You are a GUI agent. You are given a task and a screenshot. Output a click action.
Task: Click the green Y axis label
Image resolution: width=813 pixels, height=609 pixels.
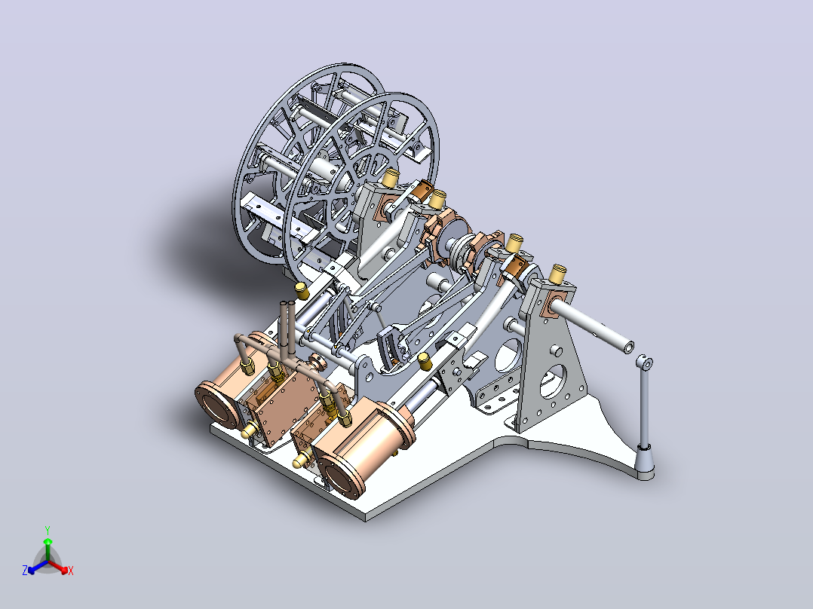(x=48, y=530)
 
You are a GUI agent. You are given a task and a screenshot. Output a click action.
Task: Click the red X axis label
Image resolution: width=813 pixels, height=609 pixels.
(x=71, y=571)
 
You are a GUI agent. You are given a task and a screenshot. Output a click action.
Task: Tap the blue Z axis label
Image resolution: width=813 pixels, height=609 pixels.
(x=25, y=570)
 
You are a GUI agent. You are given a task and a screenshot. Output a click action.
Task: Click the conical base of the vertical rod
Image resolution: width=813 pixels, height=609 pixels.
(x=645, y=462)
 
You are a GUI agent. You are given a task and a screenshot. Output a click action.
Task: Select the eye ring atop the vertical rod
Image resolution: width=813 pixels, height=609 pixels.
(x=645, y=363)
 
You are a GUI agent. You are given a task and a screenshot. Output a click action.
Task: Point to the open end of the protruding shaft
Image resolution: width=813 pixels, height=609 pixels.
(x=628, y=347)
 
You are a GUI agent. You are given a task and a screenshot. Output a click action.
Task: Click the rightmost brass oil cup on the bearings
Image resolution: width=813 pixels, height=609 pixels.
(x=558, y=274)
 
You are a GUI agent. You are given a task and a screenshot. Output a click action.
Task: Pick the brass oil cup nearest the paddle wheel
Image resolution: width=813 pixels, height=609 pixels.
(x=391, y=177)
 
